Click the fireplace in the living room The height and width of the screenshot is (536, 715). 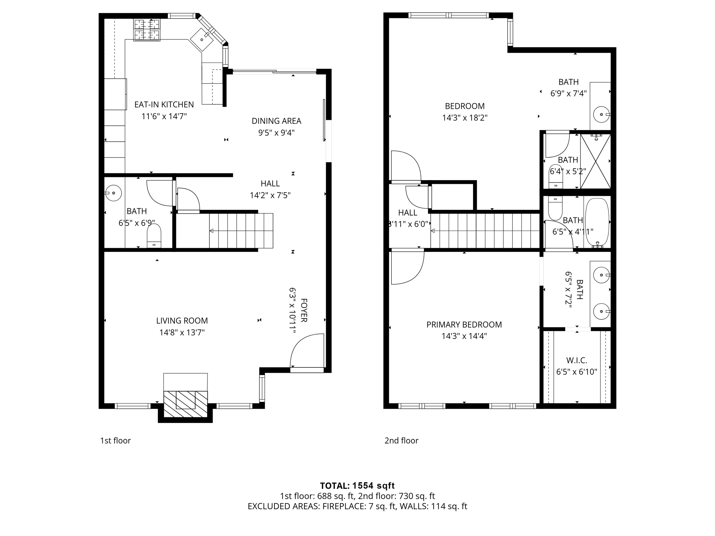(185, 404)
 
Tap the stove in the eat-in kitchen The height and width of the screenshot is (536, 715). (147, 30)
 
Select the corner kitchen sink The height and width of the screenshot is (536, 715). (202, 39)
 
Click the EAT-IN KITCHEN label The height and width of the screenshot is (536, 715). (164, 104)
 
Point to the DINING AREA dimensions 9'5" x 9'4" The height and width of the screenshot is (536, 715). (276, 133)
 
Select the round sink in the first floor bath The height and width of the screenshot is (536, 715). (113, 193)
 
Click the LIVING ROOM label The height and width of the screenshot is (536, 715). (182, 320)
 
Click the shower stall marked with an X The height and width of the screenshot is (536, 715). (595, 161)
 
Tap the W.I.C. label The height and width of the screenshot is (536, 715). (576, 360)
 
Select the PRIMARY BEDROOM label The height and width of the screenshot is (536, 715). (464, 325)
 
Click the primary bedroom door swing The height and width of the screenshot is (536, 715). (407, 267)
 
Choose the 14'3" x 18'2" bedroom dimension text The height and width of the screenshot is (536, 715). (465, 118)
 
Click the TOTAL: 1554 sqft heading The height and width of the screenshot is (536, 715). (357, 485)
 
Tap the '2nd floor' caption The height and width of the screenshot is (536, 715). (401, 440)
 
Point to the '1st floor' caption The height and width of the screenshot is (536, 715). (115, 440)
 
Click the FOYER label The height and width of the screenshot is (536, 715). (304, 310)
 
